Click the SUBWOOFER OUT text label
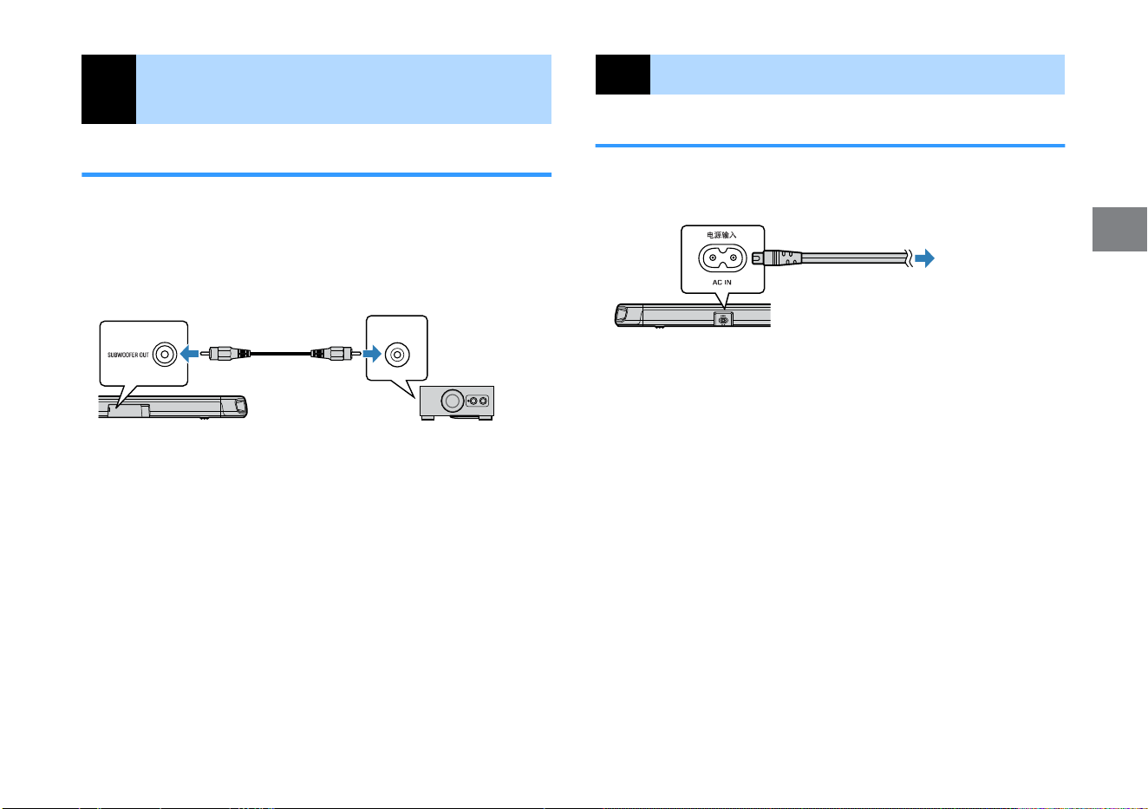pyautogui.click(x=128, y=355)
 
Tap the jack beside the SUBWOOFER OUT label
pyautogui.click(x=165, y=355)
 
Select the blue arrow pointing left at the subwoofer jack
pyautogui.click(x=190, y=353)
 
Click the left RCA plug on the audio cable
pyautogui.click(x=225, y=353)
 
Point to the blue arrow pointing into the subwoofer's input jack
pyautogui.click(x=372, y=353)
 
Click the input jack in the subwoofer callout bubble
pyautogui.click(x=397, y=355)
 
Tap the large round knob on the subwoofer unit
pyautogui.click(x=452, y=401)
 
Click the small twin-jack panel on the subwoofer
pyautogui.click(x=478, y=401)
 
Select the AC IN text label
pyautogui.click(x=721, y=283)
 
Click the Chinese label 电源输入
pyautogui.click(x=721, y=235)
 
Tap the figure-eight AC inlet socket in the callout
pyautogui.click(x=722, y=258)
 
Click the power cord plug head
pyautogui.click(x=777, y=258)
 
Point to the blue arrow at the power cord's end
pyautogui.click(x=925, y=258)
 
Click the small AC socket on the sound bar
pyautogui.click(x=723, y=320)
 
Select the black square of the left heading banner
pyautogui.click(x=108, y=89)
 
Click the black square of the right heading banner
pyautogui.click(x=623, y=75)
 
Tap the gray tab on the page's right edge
pyautogui.click(x=1119, y=229)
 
